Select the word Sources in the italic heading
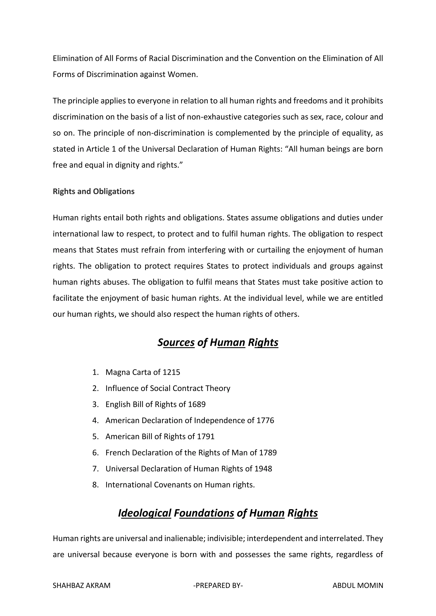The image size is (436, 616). pyautogui.click(x=176, y=342)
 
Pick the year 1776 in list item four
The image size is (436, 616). pyautogui.click(x=265, y=420)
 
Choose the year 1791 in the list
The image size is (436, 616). pyautogui.click(x=206, y=436)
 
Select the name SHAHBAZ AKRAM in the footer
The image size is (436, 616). pyautogui.click(x=81, y=585)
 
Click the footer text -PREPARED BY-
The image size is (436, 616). pyautogui.click(x=218, y=585)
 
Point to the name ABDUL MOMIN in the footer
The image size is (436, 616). pyautogui.click(x=358, y=585)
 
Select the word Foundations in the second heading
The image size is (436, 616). pyautogui.click(x=204, y=513)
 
